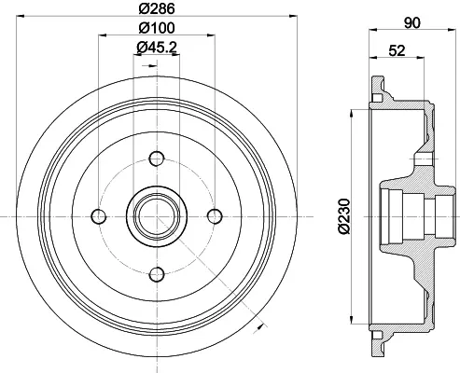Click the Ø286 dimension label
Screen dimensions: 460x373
157,8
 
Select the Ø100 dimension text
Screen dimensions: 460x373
157,28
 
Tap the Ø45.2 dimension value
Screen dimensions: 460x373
157,48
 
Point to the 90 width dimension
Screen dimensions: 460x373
411,22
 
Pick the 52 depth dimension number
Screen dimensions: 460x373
397,50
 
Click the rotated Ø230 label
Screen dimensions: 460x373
344,216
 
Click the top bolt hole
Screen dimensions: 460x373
157,159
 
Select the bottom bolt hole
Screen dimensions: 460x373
157,274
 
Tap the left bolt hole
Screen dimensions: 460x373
99,216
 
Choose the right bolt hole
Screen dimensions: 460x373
215,216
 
